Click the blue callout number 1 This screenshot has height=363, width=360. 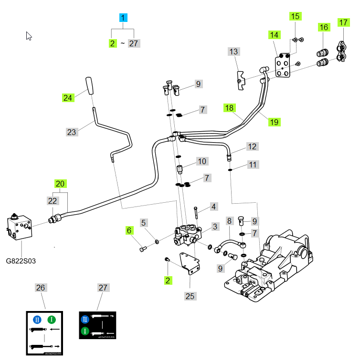click(124, 19)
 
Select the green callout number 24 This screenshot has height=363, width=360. click(68, 98)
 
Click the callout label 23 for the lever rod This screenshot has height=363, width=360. click(72, 132)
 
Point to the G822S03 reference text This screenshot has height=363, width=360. click(21, 261)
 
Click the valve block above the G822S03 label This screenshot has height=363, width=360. click(20, 228)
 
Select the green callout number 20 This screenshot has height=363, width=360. click(60, 184)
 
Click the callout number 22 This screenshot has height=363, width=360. click(53, 201)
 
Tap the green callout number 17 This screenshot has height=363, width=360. click(343, 22)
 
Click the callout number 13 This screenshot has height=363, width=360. click(233, 52)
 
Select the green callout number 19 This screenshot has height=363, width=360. click(274, 122)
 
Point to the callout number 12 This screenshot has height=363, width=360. click(252, 146)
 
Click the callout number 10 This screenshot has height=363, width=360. click(201, 161)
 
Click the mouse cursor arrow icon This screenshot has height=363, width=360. click(29, 36)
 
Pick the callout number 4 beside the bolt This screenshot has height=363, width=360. click(213, 207)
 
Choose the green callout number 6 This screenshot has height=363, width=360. click(129, 230)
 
